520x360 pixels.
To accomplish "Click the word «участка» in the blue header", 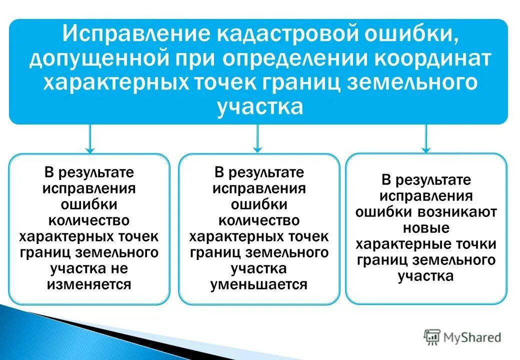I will tap(260, 106).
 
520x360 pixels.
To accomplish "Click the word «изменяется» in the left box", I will tap(89, 285).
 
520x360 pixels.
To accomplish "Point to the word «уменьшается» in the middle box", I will tap(258, 285).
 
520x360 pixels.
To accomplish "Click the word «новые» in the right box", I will tap(426, 228).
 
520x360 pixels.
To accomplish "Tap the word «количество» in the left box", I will tap(89, 220).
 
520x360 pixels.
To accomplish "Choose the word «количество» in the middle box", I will tap(258, 220).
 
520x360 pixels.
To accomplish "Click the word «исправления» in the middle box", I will tap(258, 188).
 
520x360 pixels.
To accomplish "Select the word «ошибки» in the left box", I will tap(89, 204).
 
